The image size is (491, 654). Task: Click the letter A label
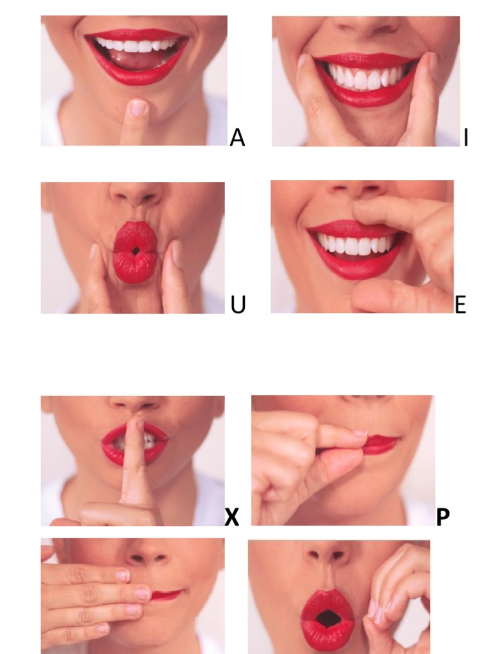[237, 137]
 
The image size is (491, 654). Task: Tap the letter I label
[466, 137]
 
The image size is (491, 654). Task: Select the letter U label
[238, 305]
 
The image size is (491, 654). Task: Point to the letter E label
[460, 305]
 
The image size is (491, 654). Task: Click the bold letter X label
[232, 517]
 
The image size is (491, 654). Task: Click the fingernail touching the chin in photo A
[138, 108]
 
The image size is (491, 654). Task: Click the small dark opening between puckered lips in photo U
[136, 250]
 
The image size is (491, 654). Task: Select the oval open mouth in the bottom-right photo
[328, 618]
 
